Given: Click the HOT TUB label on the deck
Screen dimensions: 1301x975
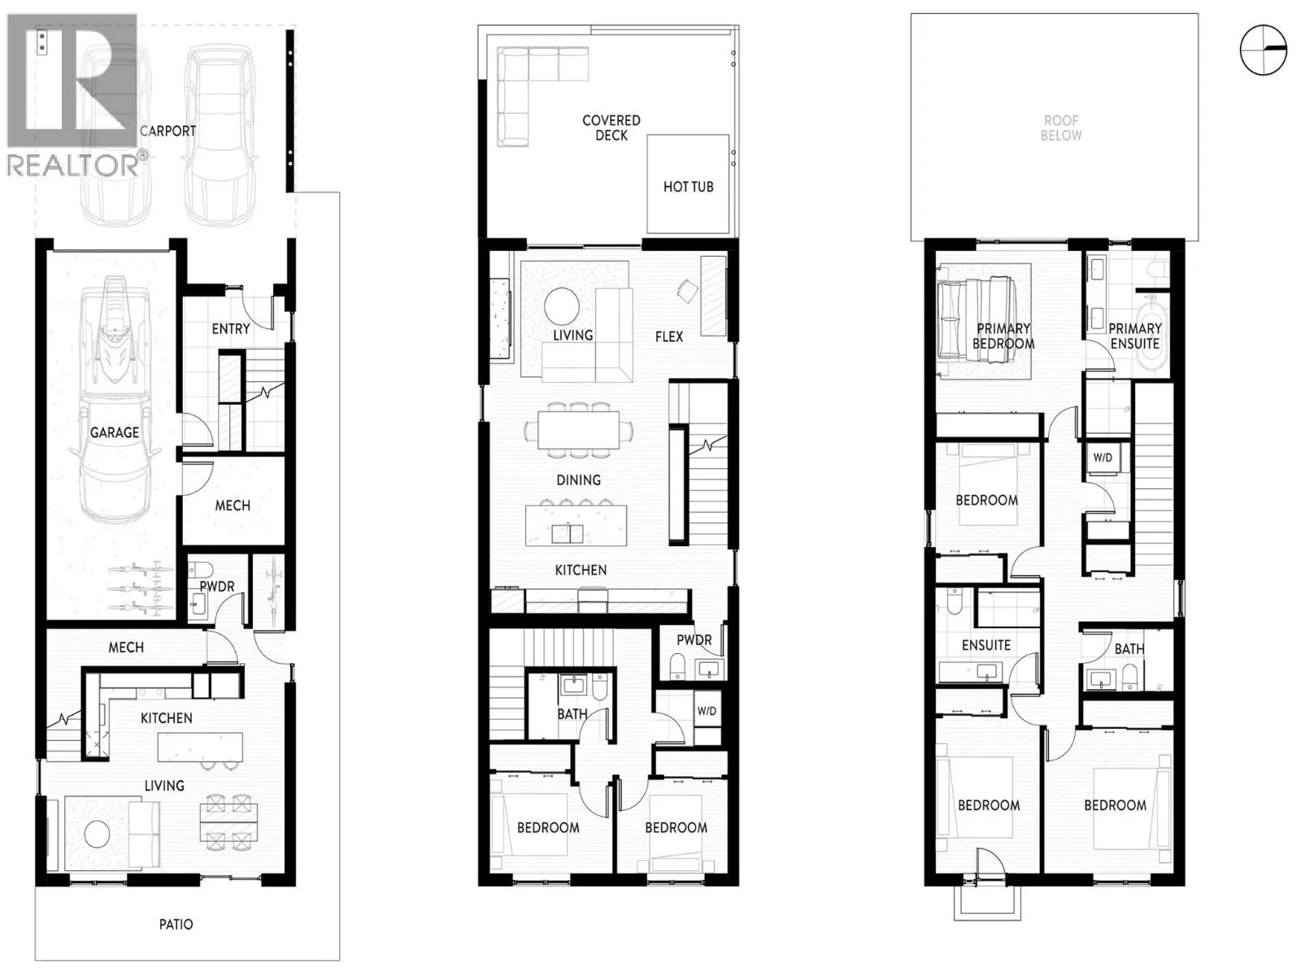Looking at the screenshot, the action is click(688, 187).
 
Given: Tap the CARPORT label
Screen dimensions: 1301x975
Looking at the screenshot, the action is click(168, 131).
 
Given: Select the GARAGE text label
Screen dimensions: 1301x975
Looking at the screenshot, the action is click(115, 433).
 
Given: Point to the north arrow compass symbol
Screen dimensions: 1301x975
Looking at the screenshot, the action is click(1263, 50).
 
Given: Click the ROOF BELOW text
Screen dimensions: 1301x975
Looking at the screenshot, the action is click(1061, 128).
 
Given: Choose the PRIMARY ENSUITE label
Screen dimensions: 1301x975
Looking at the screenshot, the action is click(1134, 336).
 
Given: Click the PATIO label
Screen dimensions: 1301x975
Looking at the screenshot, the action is click(176, 924).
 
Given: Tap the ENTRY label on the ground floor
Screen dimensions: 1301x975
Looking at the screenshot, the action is click(231, 328).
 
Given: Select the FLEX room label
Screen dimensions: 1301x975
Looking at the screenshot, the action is click(669, 337).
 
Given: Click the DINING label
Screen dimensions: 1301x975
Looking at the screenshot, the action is click(578, 480).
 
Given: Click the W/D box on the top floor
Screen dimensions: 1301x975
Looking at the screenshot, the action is click(1103, 457).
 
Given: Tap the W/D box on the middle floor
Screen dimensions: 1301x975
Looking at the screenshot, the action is click(707, 710).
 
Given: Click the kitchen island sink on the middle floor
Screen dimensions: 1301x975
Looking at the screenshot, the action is click(568, 534).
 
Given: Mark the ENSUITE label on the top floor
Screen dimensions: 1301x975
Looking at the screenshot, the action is click(986, 645).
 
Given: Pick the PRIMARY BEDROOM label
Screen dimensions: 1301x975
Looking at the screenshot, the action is click(1003, 336).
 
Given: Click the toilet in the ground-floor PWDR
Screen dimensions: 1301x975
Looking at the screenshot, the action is click(200, 569).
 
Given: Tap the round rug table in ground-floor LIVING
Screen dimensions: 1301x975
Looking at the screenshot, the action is click(98, 835).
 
